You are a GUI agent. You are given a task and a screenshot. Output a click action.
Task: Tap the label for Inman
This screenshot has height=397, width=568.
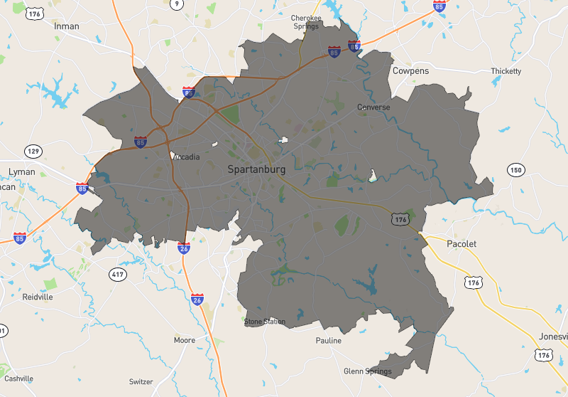(67, 26)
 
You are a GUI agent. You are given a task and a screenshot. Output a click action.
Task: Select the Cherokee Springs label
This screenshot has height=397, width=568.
(307, 22)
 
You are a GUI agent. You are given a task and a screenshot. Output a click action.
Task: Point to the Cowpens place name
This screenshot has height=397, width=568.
(410, 71)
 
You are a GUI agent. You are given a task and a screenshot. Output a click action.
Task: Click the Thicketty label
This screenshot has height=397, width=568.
(506, 71)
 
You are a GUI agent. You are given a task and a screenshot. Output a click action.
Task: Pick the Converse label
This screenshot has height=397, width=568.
(373, 107)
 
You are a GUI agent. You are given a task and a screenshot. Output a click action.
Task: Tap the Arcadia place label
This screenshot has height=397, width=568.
(186, 157)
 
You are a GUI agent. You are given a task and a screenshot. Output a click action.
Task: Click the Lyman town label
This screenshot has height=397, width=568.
(21, 171)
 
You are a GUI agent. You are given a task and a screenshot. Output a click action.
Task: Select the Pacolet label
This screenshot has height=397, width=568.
(461, 243)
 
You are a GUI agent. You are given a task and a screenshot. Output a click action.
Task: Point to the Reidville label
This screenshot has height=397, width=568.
(38, 297)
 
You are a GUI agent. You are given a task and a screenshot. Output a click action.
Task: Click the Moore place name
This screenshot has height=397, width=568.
(185, 340)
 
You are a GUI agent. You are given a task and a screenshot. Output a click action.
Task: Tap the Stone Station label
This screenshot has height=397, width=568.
(265, 322)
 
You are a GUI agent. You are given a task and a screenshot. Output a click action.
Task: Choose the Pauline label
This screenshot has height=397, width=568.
(328, 341)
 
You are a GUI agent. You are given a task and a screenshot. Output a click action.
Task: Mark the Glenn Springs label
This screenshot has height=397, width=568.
(368, 371)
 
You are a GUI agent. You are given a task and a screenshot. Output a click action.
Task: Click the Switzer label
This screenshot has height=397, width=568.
(141, 381)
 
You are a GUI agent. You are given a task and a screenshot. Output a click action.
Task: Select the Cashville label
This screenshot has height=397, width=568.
(18, 379)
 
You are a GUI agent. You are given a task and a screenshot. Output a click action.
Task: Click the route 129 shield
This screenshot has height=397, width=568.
(33, 151)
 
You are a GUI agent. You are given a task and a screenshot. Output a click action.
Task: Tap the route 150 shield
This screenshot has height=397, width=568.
(515, 169)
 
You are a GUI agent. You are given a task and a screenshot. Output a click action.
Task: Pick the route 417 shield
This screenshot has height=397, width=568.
(118, 274)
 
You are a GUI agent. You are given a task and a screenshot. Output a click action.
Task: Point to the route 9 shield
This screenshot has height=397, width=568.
(177, 4)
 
